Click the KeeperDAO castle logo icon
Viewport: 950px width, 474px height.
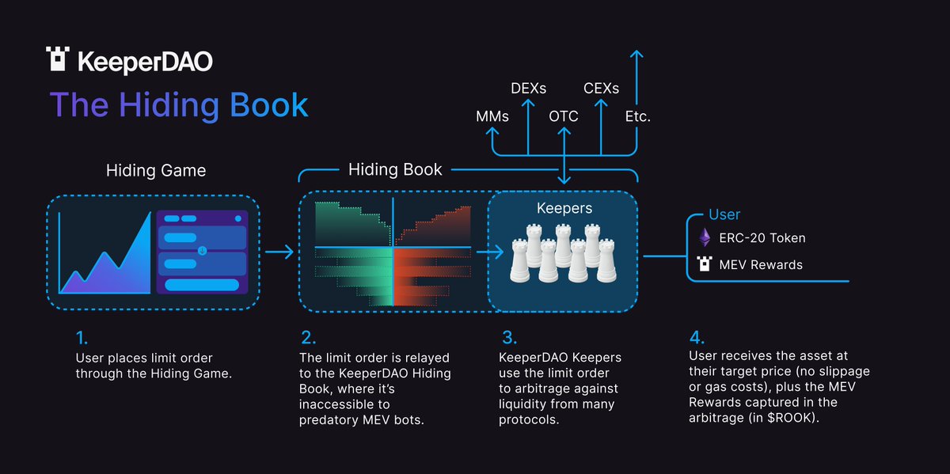click(59, 60)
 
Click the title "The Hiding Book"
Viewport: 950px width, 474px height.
click(179, 104)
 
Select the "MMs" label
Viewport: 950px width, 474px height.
click(492, 116)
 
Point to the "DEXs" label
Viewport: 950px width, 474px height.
click(528, 88)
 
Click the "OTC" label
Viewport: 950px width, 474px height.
click(564, 116)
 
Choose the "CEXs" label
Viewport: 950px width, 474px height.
click(601, 88)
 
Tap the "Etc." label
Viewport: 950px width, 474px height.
click(637, 116)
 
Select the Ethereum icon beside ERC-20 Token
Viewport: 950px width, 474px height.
click(705, 237)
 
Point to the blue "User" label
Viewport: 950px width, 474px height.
click(724, 214)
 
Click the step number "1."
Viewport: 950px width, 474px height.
click(82, 339)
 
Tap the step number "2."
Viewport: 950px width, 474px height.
click(307, 339)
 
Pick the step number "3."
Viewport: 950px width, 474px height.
click(509, 339)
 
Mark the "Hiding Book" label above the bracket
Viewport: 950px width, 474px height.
click(395, 169)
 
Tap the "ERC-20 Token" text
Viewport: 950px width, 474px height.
click(763, 237)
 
